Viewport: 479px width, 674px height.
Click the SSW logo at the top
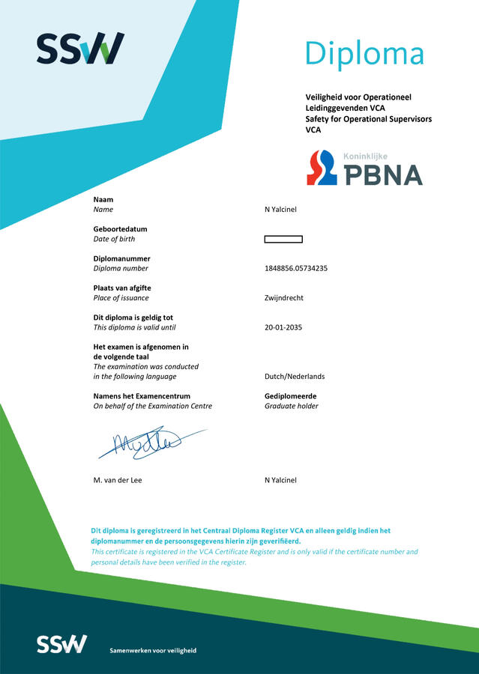tap(80, 48)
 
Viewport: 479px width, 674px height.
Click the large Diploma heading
tap(364, 53)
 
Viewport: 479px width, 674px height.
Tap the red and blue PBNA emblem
tap(323, 168)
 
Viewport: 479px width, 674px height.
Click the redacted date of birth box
tap(283, 240)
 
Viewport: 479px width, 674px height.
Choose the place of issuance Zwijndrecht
tap(284, 298)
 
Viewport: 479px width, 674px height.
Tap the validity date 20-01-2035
tap(284, 327)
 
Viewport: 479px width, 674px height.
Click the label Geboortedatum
tap(120, 229)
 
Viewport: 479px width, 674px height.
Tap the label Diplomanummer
tap(121, 258)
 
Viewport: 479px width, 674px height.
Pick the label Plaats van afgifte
tap(122, 288)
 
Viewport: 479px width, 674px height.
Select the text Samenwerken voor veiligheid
tap(153, 651)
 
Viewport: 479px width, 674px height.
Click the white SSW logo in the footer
tap(61, 644)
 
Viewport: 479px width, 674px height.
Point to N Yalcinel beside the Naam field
tap(280, 210)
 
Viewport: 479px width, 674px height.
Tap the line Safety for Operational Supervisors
tap(368, 119)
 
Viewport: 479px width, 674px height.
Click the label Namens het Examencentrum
tap(142, 396)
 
